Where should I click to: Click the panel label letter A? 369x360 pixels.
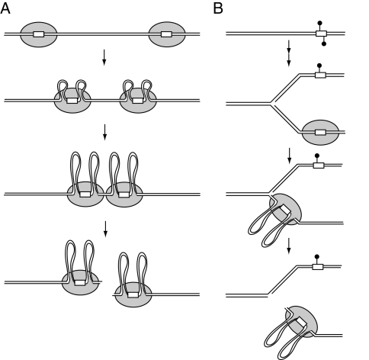pyautogui.click(x=5, y=8)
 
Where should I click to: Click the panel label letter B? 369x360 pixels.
pyautogui.click(x=218, y=8)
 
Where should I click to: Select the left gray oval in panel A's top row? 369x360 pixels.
pyautogui.click(x=39, y=34)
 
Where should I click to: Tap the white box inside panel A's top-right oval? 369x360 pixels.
pyautogui.click(x=166, y=34)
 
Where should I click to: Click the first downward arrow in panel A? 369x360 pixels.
pyautogui.click(x=104, y=57)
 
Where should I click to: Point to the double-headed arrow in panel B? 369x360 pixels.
pyautogui.click(x=289, y=53)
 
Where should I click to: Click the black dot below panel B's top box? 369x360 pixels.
pyautogui.click(x=324, y=44)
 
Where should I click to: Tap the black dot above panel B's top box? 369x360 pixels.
pyautogui.click(x=319, y=23)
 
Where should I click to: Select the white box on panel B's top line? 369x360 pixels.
pyautogui.click(x=321, y=34)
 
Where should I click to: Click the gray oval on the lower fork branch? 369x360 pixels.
pyautogui.click(x=320, y=133)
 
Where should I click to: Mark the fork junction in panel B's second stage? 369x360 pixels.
pyautogui.click(x=271, y=104)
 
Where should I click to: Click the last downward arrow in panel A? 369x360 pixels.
pyautogui.click(x=105, y=229)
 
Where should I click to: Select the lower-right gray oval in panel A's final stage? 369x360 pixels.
pyautogui.click(x=133, y=294)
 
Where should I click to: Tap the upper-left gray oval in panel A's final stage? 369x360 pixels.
pyautogui.click(x=80, y=282)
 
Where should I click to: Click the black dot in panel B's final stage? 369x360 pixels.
pyautogui.click(x=316, y=256)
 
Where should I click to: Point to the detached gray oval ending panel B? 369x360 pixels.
pyautogui.click(x=302, y=322)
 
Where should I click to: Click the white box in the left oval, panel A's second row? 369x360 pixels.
pyautogui.click(x=72, y=101)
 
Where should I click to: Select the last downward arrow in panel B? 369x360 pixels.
pyautogui.click(x=289, y=246)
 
